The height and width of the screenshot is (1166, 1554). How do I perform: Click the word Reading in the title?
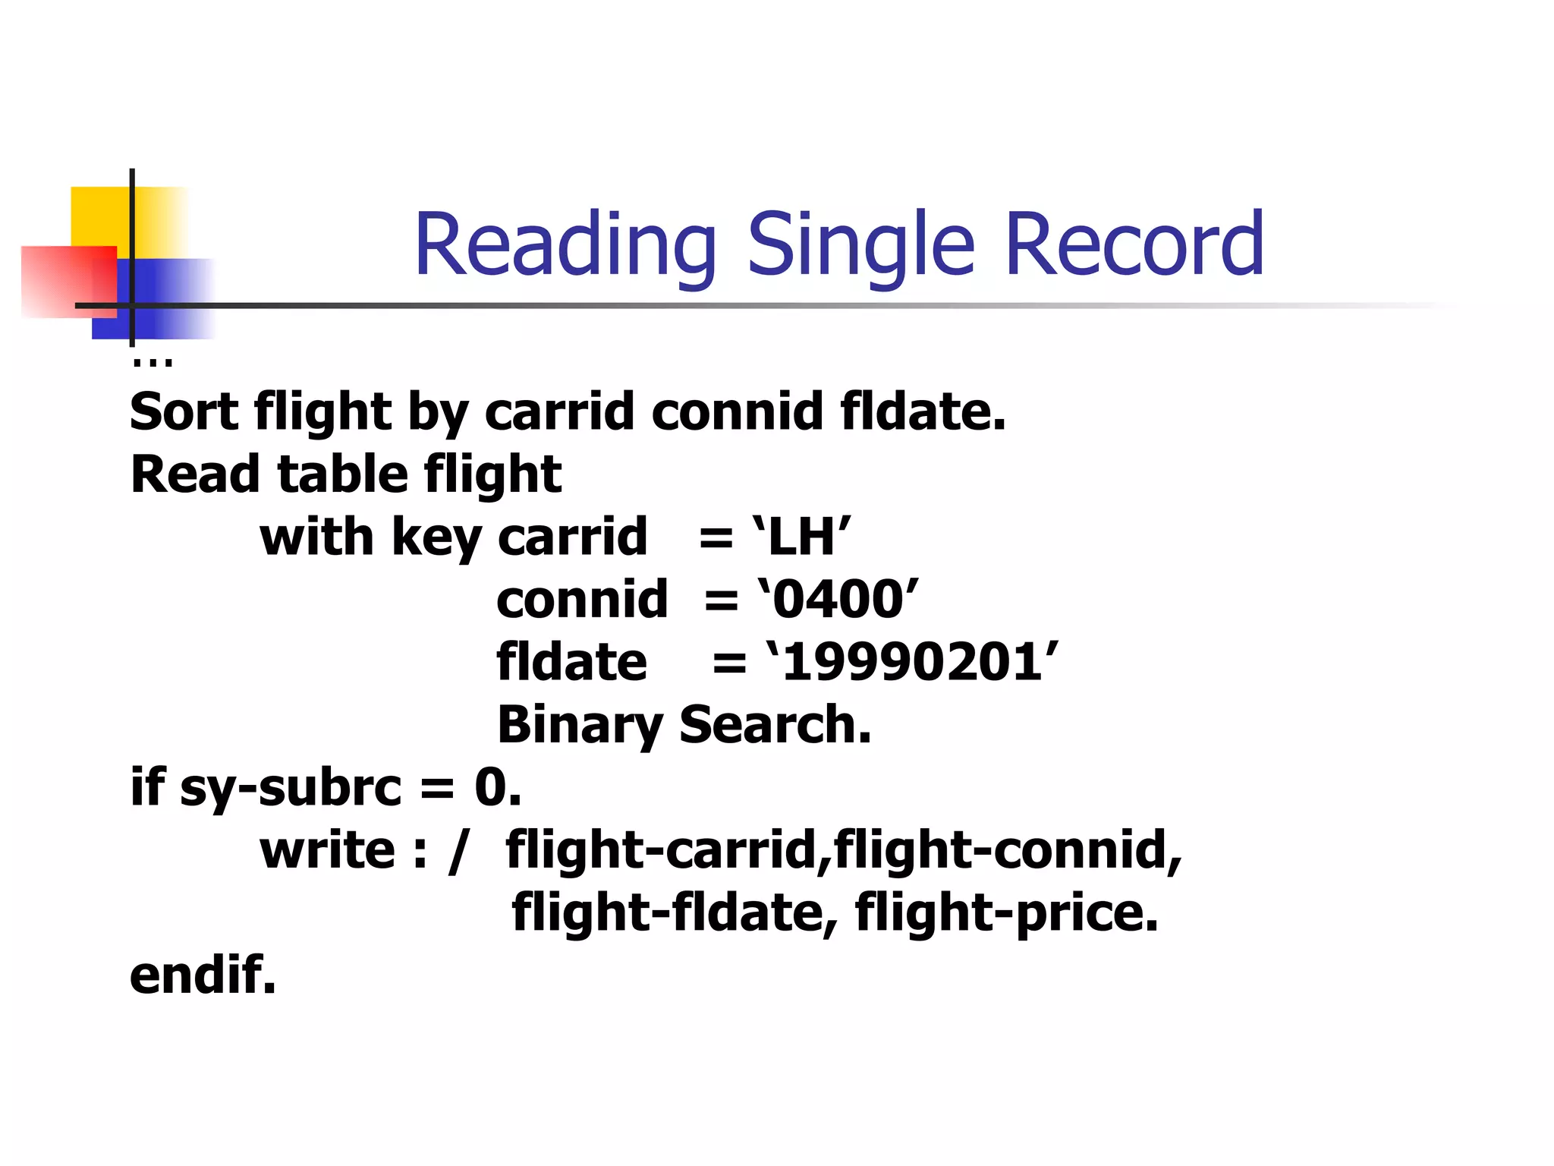click(x=565, y=245)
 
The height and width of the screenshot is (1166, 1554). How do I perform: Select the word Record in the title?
click(x=1134, y=244)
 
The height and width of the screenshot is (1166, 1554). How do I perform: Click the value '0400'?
click(x=838, y=599)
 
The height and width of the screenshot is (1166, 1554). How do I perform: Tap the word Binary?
click(x=580, y=725)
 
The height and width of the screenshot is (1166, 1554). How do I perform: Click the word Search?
click(x=775, y=724)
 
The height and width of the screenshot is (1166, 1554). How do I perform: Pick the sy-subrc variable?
click(x=290, y=788)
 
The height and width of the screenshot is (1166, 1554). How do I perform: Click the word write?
click(x=327, y=849)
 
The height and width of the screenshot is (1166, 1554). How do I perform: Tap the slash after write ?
click(x=457, y=851)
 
